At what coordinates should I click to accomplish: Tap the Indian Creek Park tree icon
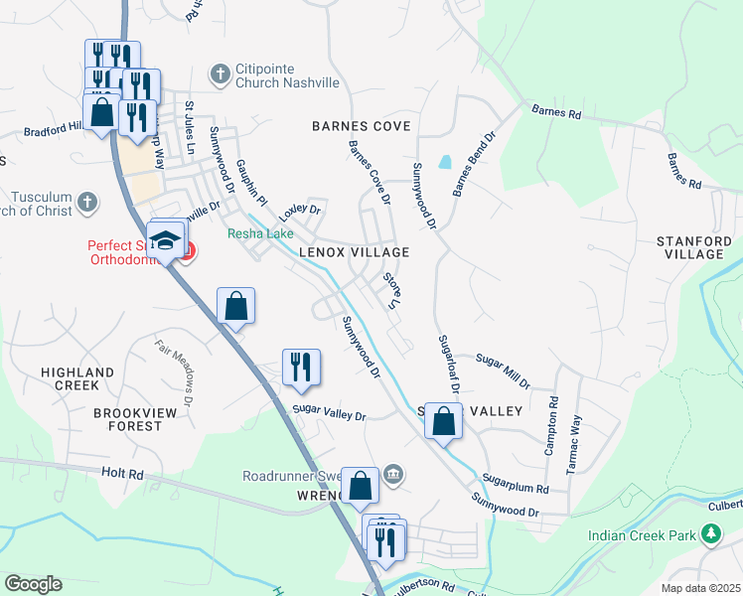(711, 535)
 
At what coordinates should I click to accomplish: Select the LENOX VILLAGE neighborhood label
(355, 253)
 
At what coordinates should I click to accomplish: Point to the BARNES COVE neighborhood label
(361, 126)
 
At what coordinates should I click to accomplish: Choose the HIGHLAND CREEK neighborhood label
(77, 378)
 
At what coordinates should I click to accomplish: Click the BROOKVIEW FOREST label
(127, 418)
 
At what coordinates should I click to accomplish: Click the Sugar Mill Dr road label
(503, 371)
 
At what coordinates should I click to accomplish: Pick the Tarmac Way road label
(574, 445)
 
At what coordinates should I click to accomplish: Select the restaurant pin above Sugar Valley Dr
(300, 367)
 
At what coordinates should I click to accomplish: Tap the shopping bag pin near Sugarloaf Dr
(444, 421)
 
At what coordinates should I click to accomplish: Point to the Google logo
(33, 584)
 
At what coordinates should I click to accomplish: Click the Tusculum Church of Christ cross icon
(87, 204)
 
